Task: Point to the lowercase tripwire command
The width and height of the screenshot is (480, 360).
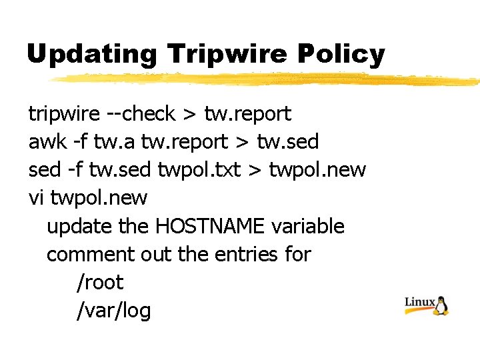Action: [64, 115]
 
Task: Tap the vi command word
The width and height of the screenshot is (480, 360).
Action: [36, 198]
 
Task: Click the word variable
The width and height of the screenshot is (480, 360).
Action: [308, 226]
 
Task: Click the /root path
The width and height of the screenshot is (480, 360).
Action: [100, 283]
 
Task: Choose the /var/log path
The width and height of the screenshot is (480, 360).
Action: [114, 311]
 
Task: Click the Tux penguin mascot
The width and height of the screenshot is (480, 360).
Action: [441, 305]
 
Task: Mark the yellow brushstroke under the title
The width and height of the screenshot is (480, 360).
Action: [267, 79]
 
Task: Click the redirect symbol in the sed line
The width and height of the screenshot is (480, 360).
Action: [255, 171]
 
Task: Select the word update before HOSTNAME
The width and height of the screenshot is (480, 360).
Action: [79, 227]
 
